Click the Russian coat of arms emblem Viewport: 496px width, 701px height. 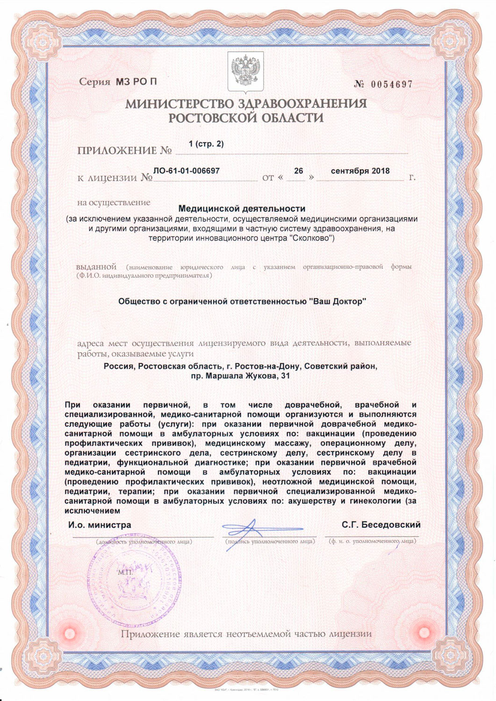coord(245,72)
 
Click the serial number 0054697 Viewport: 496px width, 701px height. coord(392,85)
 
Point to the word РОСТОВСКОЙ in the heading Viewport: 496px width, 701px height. coord(208,118)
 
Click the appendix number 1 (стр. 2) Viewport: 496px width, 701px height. coord(206,144)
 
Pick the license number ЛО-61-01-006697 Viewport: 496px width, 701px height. coord(187,171)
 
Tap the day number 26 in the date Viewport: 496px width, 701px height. coord(298,171)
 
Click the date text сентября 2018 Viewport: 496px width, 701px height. coord(360,171)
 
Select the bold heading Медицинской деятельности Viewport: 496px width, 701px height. coord(242,208)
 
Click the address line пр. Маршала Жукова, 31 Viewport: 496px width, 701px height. coord(241,376)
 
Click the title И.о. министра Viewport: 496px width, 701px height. coord(100,525)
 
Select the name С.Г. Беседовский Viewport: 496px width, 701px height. coord(381,525)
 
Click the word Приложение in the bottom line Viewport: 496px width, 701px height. coord(151,634)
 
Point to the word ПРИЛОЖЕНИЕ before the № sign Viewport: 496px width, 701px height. coord(117,150)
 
